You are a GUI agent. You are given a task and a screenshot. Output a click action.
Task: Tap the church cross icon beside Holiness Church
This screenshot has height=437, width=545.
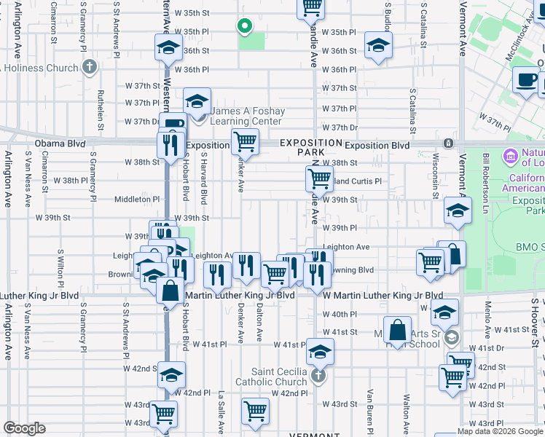(x=89, y=68)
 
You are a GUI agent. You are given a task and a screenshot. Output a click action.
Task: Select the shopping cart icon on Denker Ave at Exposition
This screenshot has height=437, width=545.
(x=245, y=141)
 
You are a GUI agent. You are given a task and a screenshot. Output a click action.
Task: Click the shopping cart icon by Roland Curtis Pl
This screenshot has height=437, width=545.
(x=318, y=178)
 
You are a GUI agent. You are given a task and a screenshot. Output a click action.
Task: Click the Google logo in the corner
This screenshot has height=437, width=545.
(x=24, y=428)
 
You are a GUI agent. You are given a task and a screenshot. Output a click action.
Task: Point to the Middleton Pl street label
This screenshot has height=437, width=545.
(x=136, y=199)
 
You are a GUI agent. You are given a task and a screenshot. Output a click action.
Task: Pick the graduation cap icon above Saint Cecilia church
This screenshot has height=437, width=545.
(x=318, y=353)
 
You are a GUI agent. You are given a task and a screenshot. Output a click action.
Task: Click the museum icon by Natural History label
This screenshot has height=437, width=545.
(x=509, y=156)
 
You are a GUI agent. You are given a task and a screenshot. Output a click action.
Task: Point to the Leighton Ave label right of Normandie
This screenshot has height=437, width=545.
(x=346, y=248)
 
